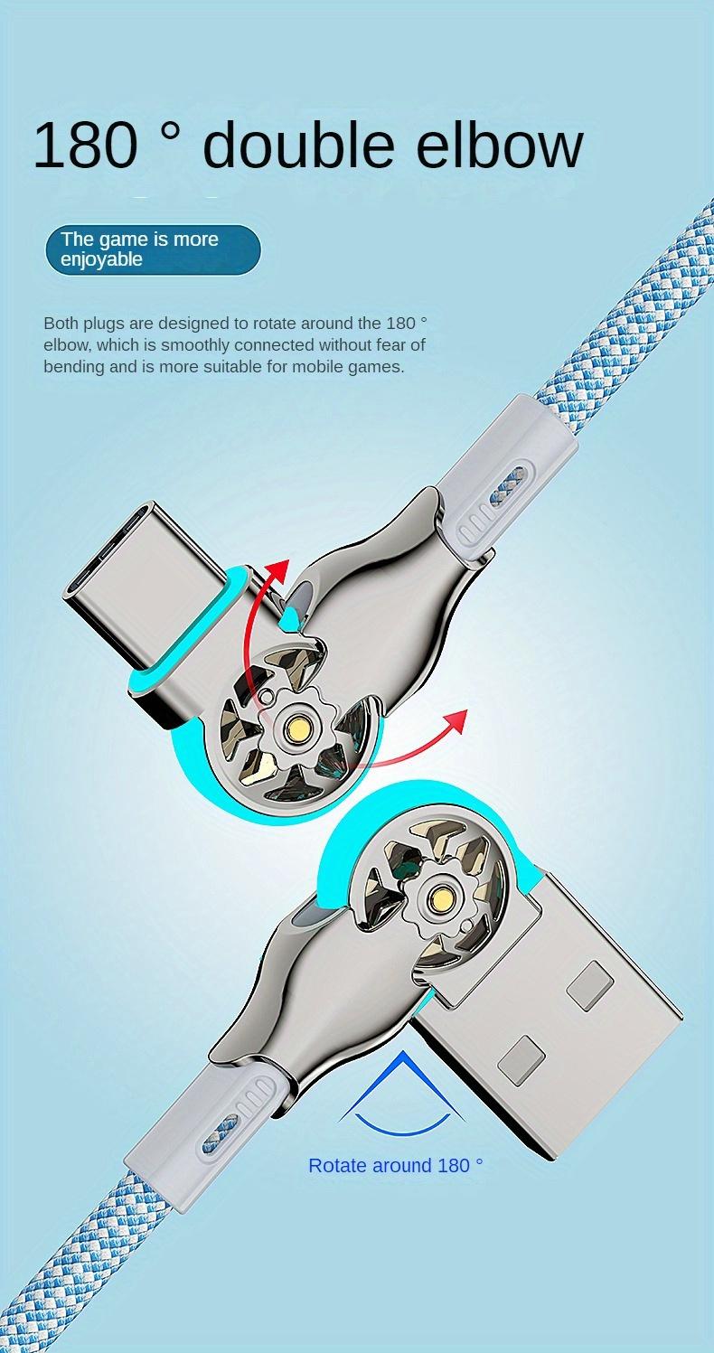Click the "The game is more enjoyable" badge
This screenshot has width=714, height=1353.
[153, 249]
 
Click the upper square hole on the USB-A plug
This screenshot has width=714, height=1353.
[589, 985]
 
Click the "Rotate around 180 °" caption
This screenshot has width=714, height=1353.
[396, 1166]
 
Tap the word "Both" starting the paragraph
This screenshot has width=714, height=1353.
[61, 323]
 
